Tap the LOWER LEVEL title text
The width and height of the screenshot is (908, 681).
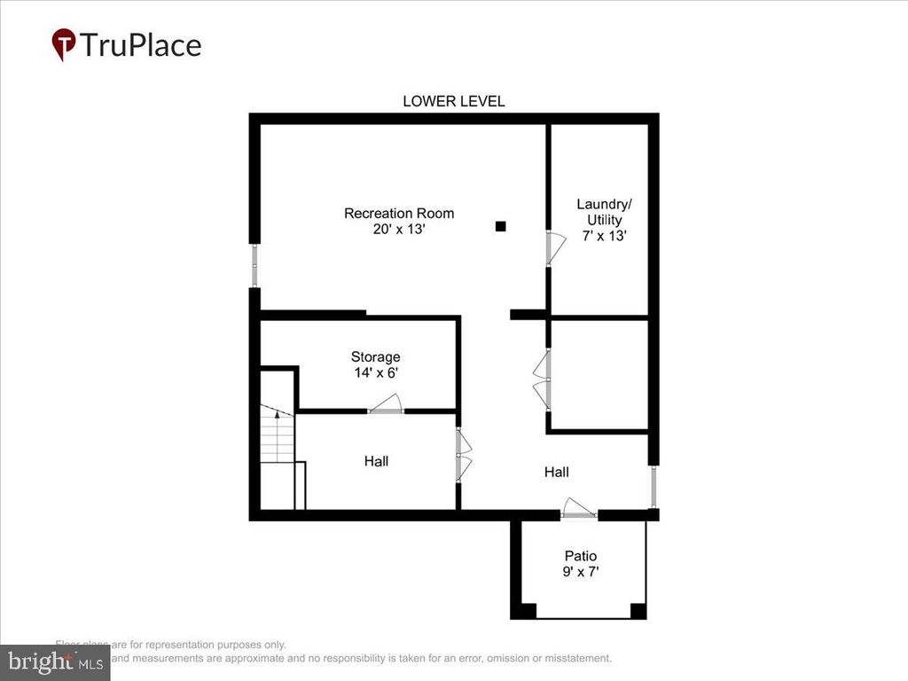(x=453, y=101)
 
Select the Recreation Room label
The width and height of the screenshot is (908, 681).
(x=399, y=213)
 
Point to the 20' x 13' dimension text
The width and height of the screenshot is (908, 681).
(x=399, y=229)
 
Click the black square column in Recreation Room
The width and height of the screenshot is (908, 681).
(x=500, y=226)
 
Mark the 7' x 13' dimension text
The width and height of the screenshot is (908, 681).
(x=605, y=236)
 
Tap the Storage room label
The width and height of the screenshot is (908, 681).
(x=375, y=357)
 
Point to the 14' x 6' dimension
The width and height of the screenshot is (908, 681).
(x=375, y=373)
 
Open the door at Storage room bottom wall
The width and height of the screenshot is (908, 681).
(x=386, y=407)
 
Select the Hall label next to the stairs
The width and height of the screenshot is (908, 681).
(x=376, y=461)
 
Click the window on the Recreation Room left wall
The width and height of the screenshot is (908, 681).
(x=254, y=264)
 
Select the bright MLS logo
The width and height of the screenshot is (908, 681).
(x=55, y=661)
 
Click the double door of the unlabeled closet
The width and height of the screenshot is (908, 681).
(x=543, y=380)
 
